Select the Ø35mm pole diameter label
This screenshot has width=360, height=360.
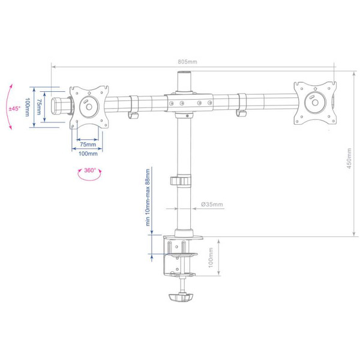(x=212, y=205)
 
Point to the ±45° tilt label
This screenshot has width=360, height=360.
(x=15, y=109)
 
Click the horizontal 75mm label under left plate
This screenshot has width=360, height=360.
(x=88, y=145)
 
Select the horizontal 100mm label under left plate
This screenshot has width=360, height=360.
(x=88, y=154)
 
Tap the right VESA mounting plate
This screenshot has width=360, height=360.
(x=314, y=101)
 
